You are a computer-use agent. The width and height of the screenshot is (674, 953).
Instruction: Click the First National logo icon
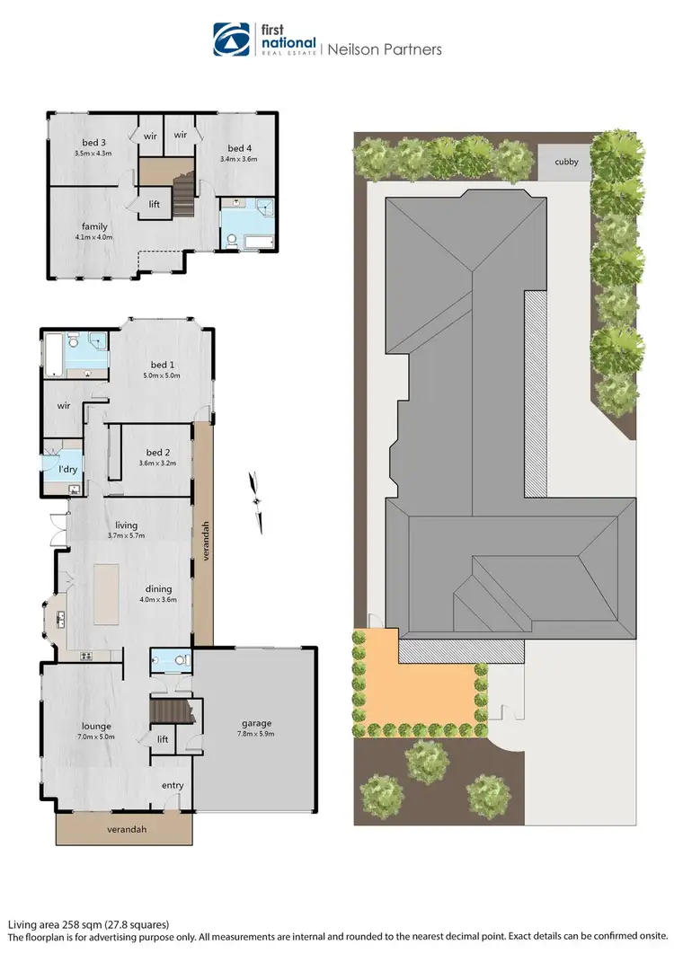coord(232,40)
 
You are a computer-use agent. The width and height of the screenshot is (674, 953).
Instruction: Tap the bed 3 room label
coord(92,142)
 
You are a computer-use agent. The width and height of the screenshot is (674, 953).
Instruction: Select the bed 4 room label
coord(238,148)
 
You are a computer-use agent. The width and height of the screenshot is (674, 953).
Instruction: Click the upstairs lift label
coord(155,204)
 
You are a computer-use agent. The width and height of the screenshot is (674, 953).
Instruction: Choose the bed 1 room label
coord(162,364)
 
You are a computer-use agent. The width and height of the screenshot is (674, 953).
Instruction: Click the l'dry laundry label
coord(67,470)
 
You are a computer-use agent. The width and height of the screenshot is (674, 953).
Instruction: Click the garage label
coord(256,723)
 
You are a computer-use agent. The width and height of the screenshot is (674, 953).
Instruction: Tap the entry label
coord(173,785)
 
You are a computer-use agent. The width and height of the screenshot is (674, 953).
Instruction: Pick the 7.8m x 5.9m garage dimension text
coord(256,734)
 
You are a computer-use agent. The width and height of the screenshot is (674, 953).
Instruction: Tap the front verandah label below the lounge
coord(124,829)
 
